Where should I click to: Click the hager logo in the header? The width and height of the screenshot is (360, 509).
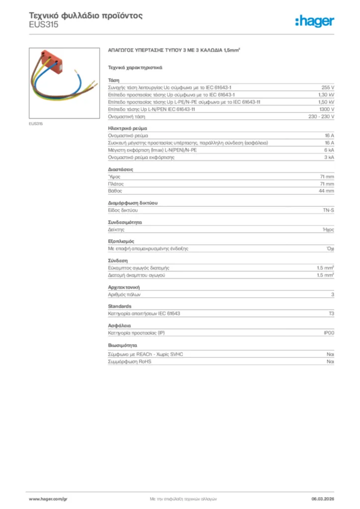click(x=314, y=20)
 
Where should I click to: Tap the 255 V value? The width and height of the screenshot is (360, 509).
click(x=328, y=87)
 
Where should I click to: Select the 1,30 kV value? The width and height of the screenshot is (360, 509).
click(x=326, y=94)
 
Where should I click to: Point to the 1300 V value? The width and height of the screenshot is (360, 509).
click(x=327, y=109)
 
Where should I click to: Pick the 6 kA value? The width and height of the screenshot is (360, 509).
click(x=329, y=150)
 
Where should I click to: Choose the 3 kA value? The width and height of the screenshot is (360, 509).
click(x=329, y=157)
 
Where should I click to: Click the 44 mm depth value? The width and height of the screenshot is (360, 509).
click(x=326, y=191)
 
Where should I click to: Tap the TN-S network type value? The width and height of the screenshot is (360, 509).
click(x=329, y=211)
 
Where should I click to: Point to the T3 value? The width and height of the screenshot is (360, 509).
click(x=331, y=314)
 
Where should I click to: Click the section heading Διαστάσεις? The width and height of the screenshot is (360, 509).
click(x=120, y=170)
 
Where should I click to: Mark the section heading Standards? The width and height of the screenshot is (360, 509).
click(x=120, y=306)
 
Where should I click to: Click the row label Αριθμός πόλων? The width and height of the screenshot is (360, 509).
click(x=124, y=294)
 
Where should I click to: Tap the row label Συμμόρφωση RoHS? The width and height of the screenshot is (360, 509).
click(x=130, y=362)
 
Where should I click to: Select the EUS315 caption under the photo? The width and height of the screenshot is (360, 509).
click(x=35, y=124)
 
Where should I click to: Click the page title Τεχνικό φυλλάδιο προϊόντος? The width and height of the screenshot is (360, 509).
click(x=86, y=15)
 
